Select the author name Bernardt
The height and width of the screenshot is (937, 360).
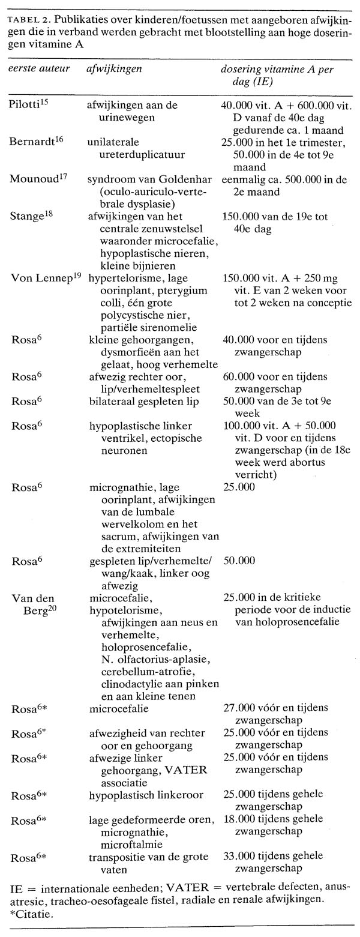coord(30,141)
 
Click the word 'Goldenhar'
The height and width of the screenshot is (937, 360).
coord(170,177)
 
